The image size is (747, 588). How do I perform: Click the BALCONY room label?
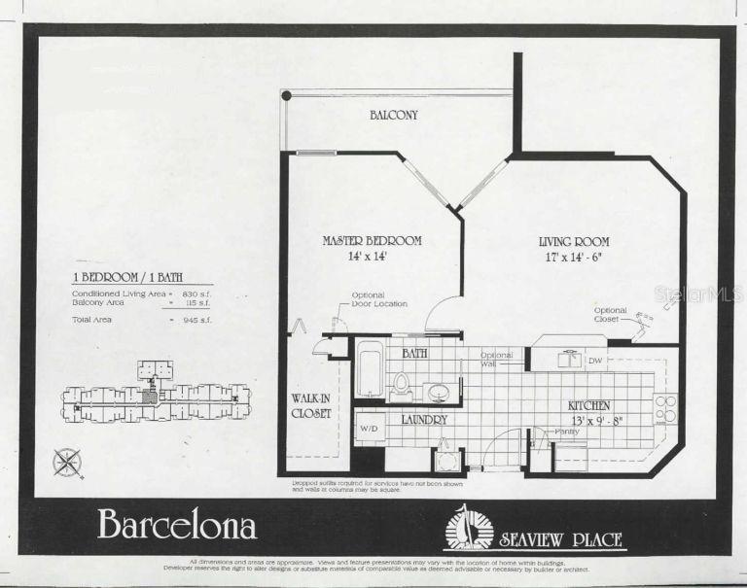(x=394, y=115)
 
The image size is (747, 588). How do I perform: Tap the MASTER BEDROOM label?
(x=373, y=240)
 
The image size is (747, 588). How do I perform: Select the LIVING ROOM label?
(x=574, y=241)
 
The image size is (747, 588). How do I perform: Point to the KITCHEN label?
(x=589, y=404)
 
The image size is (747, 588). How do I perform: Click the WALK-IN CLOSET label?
(x=312, y=405)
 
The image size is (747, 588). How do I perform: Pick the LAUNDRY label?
(x=422, y=420)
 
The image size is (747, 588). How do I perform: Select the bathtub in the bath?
(x=371, y=369)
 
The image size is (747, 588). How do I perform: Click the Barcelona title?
(x=177, y=525)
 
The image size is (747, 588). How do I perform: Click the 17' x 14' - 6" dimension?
(x=574, y=257)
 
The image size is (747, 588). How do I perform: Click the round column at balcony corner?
(x=286, y=95)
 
